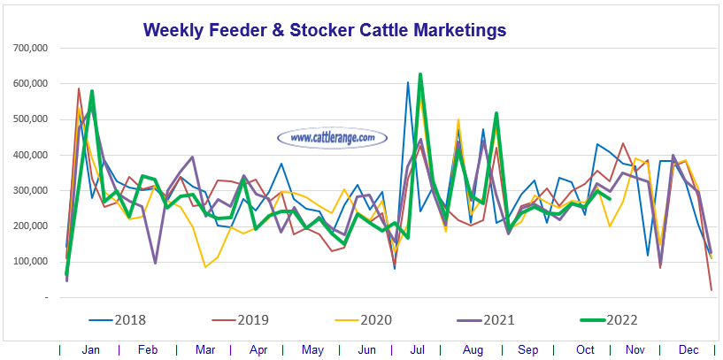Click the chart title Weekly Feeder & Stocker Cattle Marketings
(x=325, y=30)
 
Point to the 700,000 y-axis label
(x=31, y=48)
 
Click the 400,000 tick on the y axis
(x=31, y=155)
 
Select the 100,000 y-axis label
(x=31, y=262)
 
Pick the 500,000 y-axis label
(x=31, y=119)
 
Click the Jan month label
(x=90, y=350)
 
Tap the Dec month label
(x=692, y=350)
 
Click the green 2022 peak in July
(x=420, y=74)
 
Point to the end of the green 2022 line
(x=610, y=199)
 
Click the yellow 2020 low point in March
(x=205, y=266)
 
